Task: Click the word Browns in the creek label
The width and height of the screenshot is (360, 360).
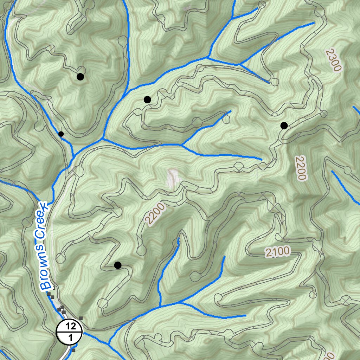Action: (44, 266)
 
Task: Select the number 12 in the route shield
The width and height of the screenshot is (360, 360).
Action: (69, 326)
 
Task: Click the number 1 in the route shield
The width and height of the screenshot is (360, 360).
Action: (69, 338)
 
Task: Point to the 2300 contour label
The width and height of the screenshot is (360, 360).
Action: (333, 60)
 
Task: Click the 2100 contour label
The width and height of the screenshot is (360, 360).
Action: (277, 252)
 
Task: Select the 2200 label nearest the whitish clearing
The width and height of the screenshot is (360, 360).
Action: (154, 214)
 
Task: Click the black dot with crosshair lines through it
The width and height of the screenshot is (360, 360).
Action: (61, 134)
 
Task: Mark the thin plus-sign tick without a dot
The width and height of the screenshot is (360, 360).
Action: (257, 175)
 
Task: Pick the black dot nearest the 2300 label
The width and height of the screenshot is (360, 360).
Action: (284, 126)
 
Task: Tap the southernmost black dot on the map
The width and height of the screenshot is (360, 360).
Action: (118, 265)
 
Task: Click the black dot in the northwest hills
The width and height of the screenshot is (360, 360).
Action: (80, 77)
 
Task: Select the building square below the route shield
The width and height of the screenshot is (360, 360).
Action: (73, 350)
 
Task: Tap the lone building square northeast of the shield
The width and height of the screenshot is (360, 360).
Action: (81, 318)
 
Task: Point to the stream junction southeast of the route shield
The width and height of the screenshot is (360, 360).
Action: (109, 343)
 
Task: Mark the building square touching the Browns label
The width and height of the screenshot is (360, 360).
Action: (50, 293)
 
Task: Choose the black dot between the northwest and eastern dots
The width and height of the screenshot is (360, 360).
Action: (147, 99)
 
